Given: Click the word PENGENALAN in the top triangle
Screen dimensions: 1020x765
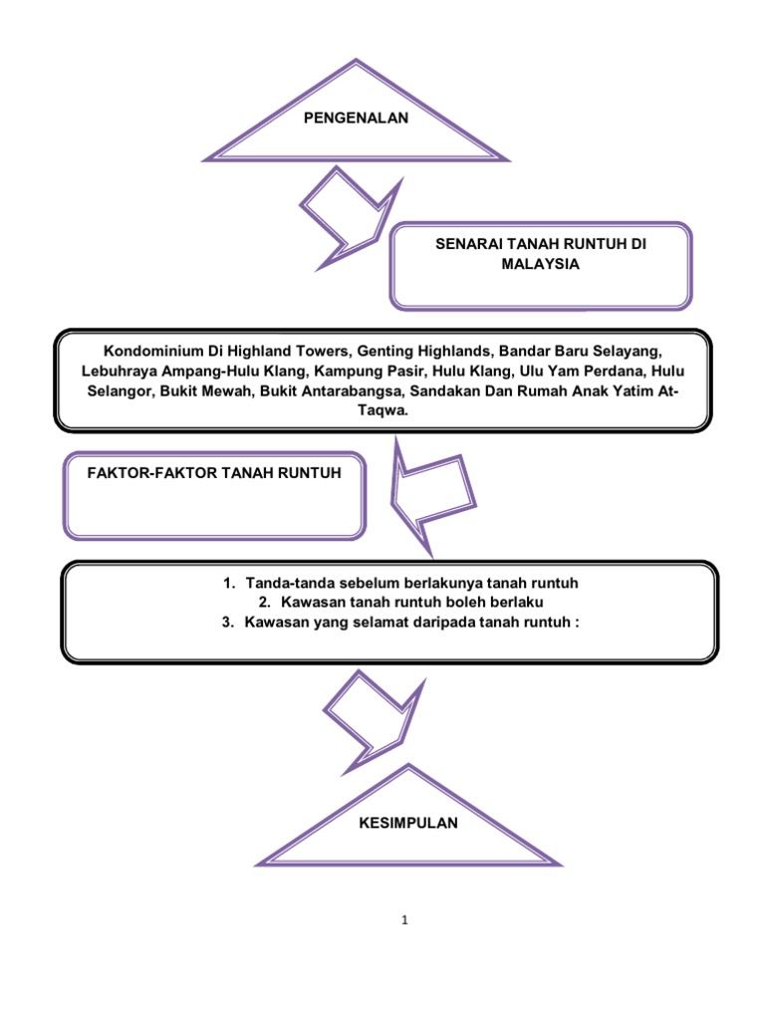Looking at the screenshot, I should coord(356,120).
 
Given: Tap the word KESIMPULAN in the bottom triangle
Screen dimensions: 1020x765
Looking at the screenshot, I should coord(409,824).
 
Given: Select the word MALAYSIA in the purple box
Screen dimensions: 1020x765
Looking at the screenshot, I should coord(541,265).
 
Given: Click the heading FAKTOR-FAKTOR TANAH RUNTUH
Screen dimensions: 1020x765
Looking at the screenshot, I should coord(203,473).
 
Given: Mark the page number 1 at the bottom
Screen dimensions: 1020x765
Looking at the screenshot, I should coord(406,920).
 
